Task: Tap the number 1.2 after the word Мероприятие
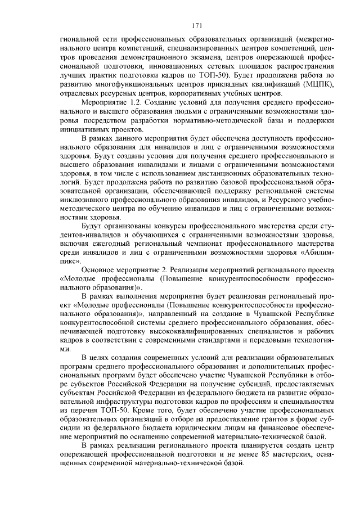[x=130, y=102]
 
